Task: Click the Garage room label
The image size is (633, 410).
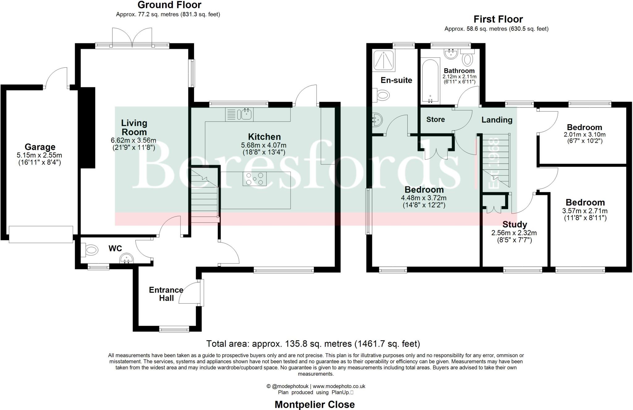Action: (x=40, y=147)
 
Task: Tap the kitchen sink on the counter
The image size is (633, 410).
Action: (x=246, y=114)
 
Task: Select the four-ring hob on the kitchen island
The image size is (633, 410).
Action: (x=254, y=179)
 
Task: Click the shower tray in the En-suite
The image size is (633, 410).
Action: (x=384, y=60)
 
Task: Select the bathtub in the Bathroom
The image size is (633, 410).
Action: (x=430, y=81)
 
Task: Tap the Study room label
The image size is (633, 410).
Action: (x=515, y=225)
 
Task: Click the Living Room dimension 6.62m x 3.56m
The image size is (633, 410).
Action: (x=134, y=141)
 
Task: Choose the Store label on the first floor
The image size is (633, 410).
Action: (x=435, y=120)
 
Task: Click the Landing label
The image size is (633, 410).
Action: (x=497, y=120)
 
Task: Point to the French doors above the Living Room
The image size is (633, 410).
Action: (x=132, y=38)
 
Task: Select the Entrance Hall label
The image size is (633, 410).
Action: (x=166, y=294)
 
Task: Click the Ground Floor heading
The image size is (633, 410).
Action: (x=169, y=5)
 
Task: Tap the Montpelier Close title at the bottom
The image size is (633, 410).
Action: (x=315, y=404)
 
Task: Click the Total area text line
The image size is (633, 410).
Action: (x=313, y=344)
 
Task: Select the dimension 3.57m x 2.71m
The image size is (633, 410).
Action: (x=585, y=211)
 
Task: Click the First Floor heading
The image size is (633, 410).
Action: (x=498, y=19)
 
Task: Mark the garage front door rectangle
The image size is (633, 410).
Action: (x=41, y=235)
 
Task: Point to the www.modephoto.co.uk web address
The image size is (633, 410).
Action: (x=339, y=386)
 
